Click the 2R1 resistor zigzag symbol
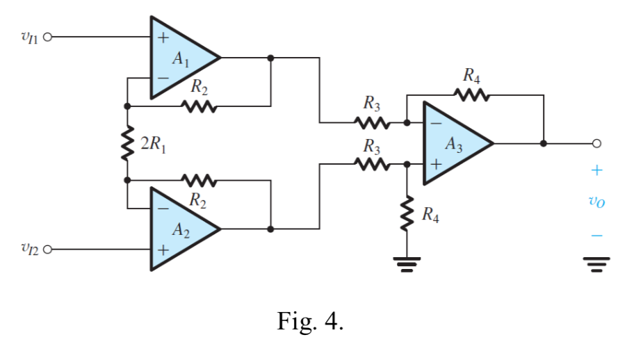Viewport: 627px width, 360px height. tap(127, 144)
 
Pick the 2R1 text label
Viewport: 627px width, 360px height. tap(153, 145)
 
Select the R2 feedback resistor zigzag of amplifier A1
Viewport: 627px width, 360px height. tap(199, 107)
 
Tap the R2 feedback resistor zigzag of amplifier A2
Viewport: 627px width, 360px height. tap(199, 181)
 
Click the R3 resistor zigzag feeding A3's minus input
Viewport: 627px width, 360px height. tap(372, 123)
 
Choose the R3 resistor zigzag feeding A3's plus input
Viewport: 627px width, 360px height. tap(372, 165)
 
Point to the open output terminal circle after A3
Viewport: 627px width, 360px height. tap(596, 144)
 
